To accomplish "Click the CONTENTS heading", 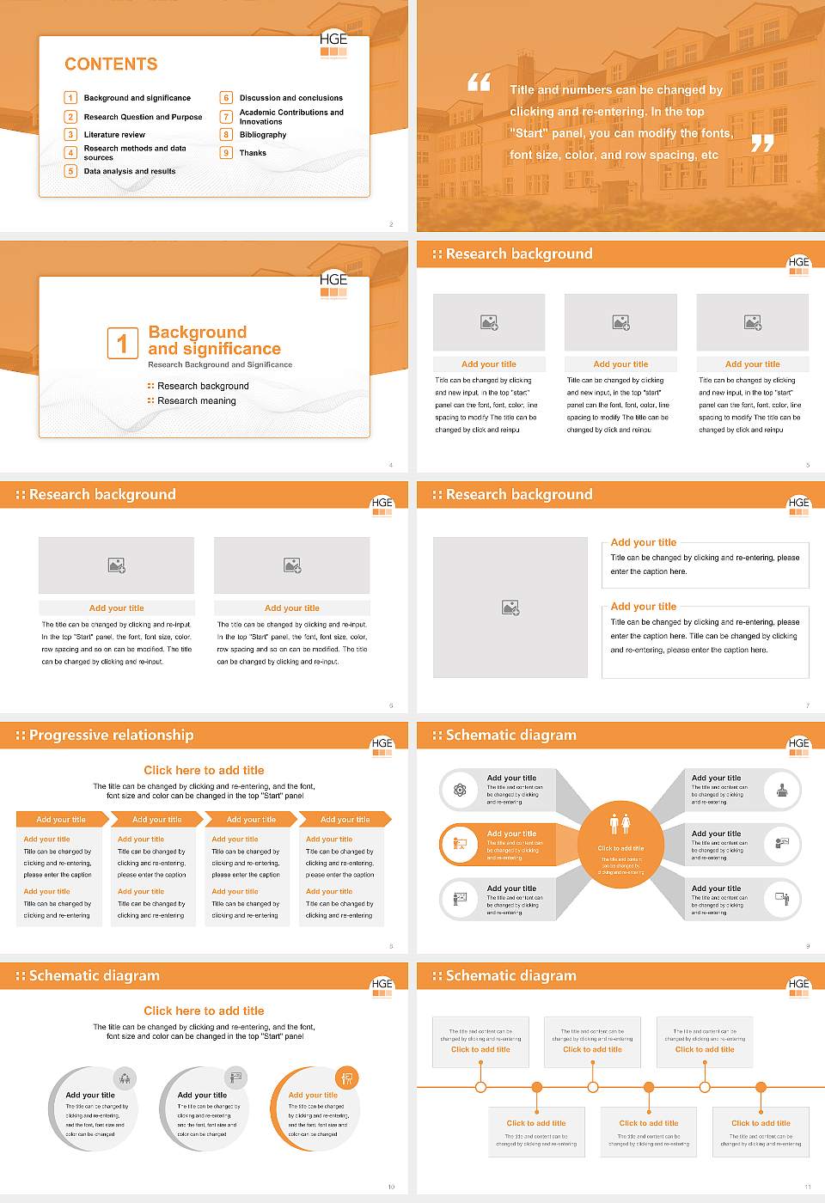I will (x=111, y=64).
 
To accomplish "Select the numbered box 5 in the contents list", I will (x=70, y=171).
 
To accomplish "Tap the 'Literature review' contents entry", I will (x=114, y=135).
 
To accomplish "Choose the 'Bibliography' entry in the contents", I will (x=263, y=135).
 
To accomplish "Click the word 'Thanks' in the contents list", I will (x=253, y=153).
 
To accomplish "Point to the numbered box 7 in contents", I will (x=226, y=117).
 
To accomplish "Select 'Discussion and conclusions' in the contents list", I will (x=290, y=98).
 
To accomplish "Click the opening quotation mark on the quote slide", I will (x=479, y=82).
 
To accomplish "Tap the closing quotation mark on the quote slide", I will (x=762, y=144).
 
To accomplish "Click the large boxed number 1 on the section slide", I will (x=122, y=343).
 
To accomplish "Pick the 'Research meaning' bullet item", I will (x=196, y=401).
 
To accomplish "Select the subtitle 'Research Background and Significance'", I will (x=220, y=365).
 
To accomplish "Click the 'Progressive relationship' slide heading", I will (x=111, y=736).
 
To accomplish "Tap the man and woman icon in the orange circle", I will (x=620, y=824).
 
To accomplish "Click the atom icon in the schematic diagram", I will (x=460, y=790).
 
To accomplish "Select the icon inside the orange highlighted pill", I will (x=460, y=844).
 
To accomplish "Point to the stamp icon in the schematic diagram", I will (x=782, y=790).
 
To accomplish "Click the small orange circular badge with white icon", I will (x=347, y=1078).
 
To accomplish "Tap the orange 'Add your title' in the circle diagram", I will (x=313, y=1096).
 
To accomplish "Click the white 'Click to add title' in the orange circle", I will (x=620, y=848).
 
